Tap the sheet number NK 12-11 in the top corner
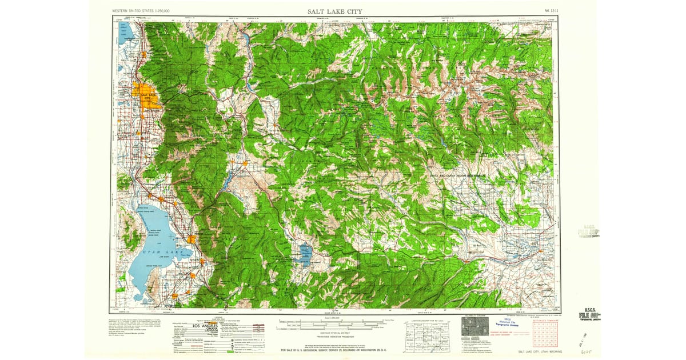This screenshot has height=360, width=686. point(549,11)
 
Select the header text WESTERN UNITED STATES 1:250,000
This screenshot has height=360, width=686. point(145,11)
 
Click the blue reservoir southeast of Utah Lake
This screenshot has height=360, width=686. point(304,252)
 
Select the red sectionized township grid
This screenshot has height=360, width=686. point(545,333)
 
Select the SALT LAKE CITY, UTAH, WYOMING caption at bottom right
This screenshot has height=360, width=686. point(539,351)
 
